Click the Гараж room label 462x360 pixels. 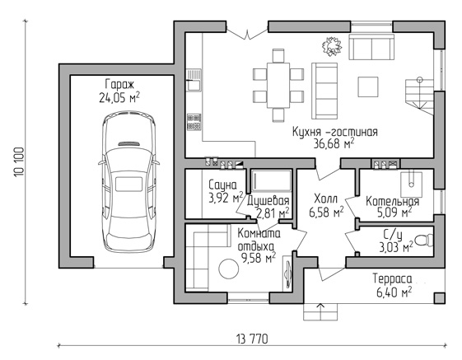tap(119, 85)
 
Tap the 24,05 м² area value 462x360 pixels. tap(119, 98)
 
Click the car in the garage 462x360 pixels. tap(128, 182)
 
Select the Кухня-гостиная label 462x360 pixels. tap(334, 132)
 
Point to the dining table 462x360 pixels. tap(278, 86)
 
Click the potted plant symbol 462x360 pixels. tap(332, 46)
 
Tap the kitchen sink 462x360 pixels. tap(194, 80)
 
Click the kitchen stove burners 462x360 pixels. tap(194, 122)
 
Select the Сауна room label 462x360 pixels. tap(222, 185)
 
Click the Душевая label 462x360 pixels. tap(268, 201)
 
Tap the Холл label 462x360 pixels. tap(325, 199)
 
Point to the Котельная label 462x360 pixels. tap(392, 202)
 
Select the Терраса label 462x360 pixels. tap(392, 278)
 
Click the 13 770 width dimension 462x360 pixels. tap(252, 339)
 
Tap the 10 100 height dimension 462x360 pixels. tap(20, 162)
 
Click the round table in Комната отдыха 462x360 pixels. tap(229, 269)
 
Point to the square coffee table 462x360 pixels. tap(368, 86)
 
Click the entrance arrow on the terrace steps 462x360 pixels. tap(320, 311)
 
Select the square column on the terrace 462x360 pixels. tap(439, 298)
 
